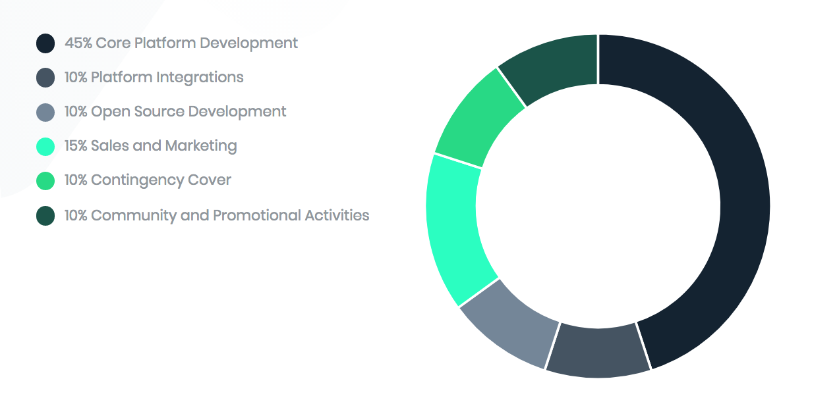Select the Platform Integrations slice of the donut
tap(598, 351)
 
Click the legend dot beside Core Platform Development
tap(45, 43)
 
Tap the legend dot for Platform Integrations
tap(45, 78)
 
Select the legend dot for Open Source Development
tap(45, 112)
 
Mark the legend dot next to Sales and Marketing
tap(45, 147)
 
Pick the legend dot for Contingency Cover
tap(45, 180)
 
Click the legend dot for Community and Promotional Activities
tap(45, 216)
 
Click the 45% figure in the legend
tap(78, 43)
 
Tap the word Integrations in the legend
tap(200, 78)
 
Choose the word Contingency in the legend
tap(138, 180)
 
